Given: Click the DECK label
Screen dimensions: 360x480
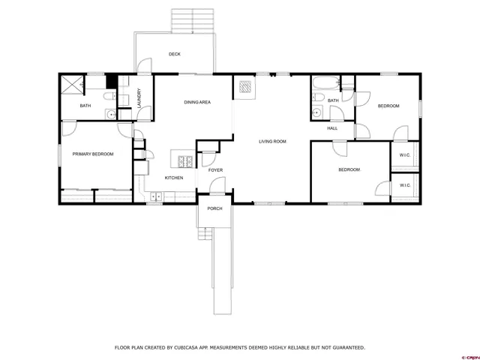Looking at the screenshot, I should [174, 54].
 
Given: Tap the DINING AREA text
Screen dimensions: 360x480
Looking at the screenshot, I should [196, 102].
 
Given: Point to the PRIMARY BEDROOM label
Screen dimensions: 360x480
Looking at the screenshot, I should [92, 154].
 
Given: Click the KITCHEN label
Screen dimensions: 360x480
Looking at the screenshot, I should [174, 178].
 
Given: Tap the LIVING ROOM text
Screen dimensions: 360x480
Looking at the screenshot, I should [273, 141].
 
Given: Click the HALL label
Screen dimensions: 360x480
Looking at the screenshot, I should [332, 128].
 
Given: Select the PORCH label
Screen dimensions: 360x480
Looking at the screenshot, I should [215, 208].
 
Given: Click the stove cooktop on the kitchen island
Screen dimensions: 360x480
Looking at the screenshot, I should [187, 159].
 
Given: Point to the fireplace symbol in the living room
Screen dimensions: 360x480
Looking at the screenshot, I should [246, 87].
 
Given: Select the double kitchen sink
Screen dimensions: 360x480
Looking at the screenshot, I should [155, 197].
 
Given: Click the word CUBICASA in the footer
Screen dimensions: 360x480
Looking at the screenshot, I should [190, 348].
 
